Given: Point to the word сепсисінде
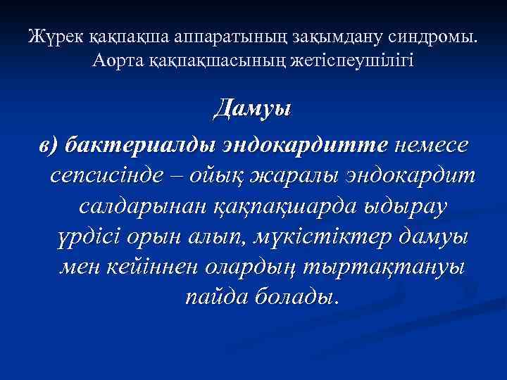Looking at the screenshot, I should [112, 175].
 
